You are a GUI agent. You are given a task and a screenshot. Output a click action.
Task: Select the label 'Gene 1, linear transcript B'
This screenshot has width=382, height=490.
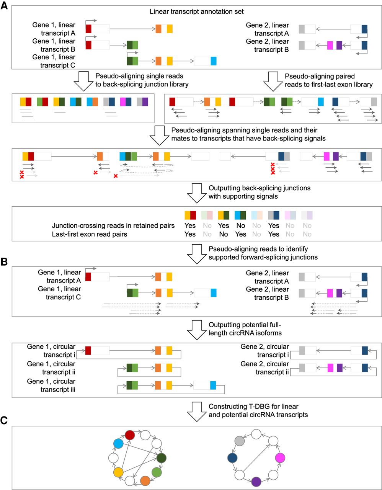[54, 45]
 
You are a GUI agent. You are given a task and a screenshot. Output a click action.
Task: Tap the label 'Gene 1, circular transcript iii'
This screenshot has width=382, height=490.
[51, 385]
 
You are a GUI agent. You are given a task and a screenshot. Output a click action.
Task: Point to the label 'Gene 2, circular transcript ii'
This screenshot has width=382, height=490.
[265, 368]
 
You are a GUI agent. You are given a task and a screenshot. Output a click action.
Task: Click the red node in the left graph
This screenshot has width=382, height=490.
[130, 435]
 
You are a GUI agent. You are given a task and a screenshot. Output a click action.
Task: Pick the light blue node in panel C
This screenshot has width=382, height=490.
[118, 444]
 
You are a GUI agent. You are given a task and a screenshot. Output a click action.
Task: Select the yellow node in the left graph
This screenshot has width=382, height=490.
[118, 472]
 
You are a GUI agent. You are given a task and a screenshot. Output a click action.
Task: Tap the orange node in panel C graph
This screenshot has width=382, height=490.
[145, 480]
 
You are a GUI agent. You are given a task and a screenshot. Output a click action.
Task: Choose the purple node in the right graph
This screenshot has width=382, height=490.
[256, 481]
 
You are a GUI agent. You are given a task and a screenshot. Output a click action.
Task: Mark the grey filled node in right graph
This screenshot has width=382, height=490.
[240, 441]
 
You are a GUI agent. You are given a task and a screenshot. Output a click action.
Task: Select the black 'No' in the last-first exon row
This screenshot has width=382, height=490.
[224, 234]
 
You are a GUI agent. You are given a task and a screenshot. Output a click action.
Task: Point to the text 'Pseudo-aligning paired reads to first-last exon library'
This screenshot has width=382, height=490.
[328, 80]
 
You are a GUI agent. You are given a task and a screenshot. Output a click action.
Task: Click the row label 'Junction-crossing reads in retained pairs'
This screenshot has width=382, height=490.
[113, 225]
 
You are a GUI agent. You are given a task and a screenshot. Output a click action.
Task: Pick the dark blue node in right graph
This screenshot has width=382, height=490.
[232, 457]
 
